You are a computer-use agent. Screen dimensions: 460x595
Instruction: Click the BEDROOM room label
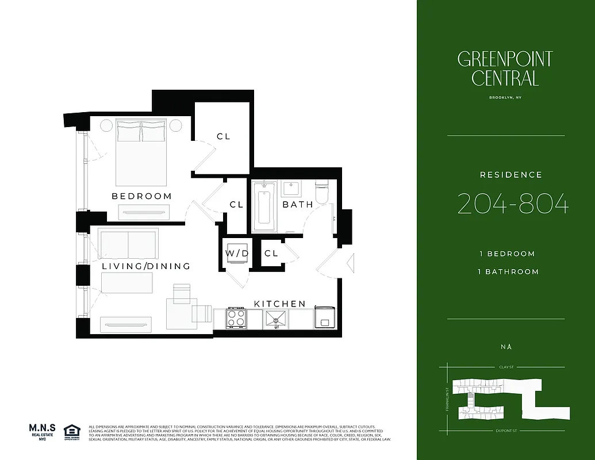(141, 196)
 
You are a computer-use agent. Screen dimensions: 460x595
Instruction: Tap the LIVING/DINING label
(146, 266)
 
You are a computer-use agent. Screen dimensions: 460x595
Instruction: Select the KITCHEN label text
(280, 304)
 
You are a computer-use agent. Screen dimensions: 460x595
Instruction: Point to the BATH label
(298, 204)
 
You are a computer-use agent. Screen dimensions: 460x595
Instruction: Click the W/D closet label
(236, 253)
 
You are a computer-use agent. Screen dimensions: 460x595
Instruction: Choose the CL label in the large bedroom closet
(224, 136)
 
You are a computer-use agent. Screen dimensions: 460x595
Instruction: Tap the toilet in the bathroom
(322, 191)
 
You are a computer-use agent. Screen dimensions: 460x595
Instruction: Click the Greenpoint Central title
(505, 68)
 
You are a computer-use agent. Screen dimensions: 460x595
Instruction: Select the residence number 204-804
(513, 204)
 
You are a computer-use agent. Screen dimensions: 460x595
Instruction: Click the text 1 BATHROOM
(509, 271)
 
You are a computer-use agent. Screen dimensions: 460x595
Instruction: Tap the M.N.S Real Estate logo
(42, 431)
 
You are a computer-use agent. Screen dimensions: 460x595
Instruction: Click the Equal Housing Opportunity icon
(71, 431)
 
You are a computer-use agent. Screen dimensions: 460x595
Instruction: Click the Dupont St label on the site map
(504, 430)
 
